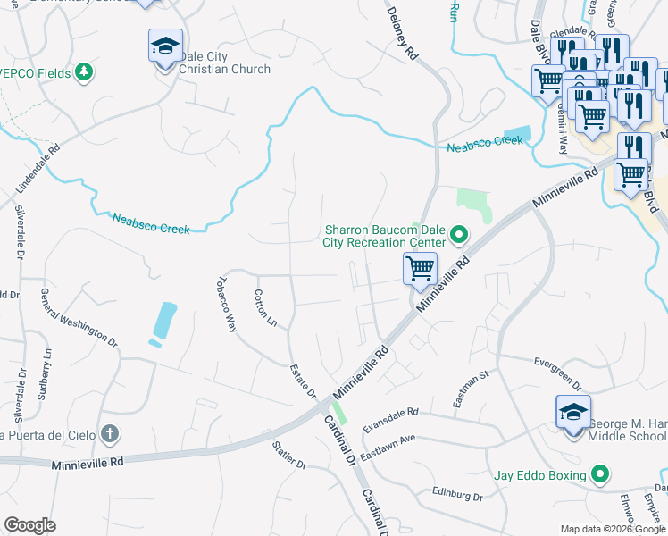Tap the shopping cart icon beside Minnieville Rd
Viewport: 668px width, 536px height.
pyautogui.click(x=419, y=267)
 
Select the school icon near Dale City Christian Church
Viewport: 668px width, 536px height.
pyautogui.click(x=164, y=46)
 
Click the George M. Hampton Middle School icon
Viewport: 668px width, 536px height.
pyautogui.click(x=572, y=412)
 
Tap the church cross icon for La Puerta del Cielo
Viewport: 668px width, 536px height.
pyautogui.click(x=109, y=435)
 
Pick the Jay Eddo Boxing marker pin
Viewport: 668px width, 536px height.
pyautogui.click(x=601, y=475)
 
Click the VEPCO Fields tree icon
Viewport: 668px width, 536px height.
pyautogui.click(x=84, y=72)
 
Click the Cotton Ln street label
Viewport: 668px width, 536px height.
pyautogui.click(x=266, y=307)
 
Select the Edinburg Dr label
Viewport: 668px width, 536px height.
pyautogui.click(x=457, y=495)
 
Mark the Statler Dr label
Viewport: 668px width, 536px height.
pyautogui.click(x=288, y=455)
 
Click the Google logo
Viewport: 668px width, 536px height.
pyautogui.click(x=30, y=525)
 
